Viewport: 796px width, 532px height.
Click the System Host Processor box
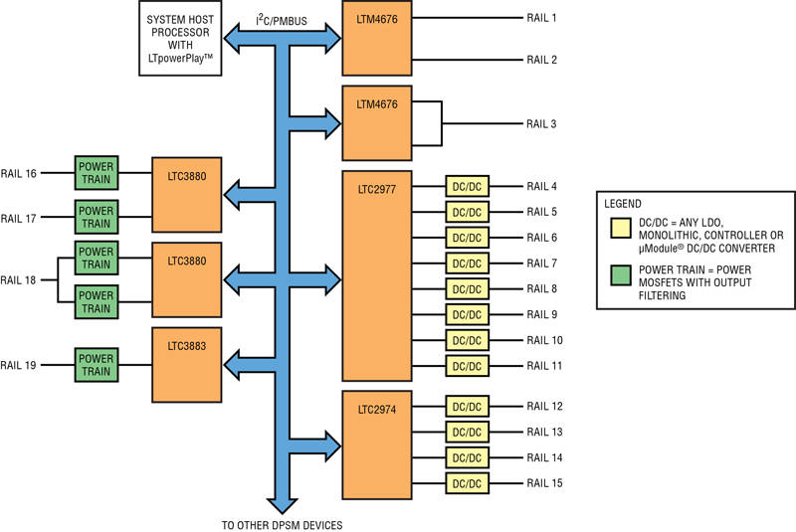180,39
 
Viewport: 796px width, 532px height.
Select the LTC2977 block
377,275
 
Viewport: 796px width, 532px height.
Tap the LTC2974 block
377,444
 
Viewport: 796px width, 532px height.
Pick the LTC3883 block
187,365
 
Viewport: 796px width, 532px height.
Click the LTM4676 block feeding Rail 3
377,123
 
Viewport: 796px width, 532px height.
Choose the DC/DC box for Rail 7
467,264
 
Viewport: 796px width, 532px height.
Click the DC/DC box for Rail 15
467,483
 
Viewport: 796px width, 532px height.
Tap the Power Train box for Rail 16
97,173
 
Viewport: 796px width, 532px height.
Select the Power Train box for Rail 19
97,365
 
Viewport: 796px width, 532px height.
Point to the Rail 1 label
541,18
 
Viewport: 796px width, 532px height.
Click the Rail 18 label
18,280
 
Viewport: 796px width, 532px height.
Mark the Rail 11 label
544,366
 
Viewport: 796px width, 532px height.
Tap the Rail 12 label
544,407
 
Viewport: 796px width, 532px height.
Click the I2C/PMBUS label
282,20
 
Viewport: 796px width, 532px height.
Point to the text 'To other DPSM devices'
283,525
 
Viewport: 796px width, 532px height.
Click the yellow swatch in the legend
621,229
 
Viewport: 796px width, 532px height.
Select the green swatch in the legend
621,274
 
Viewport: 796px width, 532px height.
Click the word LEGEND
623,204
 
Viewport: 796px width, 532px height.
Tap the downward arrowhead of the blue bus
283,506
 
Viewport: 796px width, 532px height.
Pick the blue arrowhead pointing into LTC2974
333,445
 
